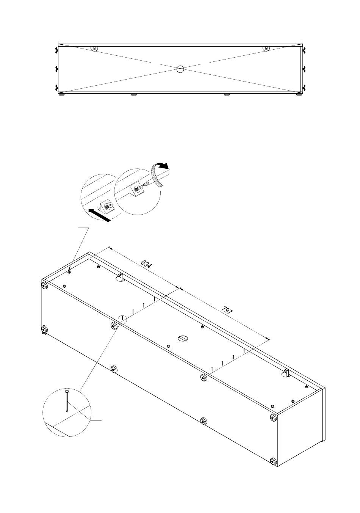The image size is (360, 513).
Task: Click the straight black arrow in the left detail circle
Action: click(99, 215)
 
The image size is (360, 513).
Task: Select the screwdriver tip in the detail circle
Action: click(145, 184)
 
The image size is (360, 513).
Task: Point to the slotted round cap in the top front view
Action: click(180, 69)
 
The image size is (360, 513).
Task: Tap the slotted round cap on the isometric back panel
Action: click(183, 339)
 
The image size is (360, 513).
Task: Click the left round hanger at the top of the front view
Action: click(94, 48)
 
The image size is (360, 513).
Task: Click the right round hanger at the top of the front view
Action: click(266, 48)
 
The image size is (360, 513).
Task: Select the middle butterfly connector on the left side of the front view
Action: click(57, 69)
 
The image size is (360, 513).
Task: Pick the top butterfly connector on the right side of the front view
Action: click(304, 50)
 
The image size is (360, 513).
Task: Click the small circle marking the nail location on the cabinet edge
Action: click(122, 319)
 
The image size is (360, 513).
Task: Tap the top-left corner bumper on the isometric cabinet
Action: click(44, 286)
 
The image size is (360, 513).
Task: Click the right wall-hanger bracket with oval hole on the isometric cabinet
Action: click(286, 373)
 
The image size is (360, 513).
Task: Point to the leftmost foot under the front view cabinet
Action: click(61, 94)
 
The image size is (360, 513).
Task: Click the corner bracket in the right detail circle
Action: click(137, 190)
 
